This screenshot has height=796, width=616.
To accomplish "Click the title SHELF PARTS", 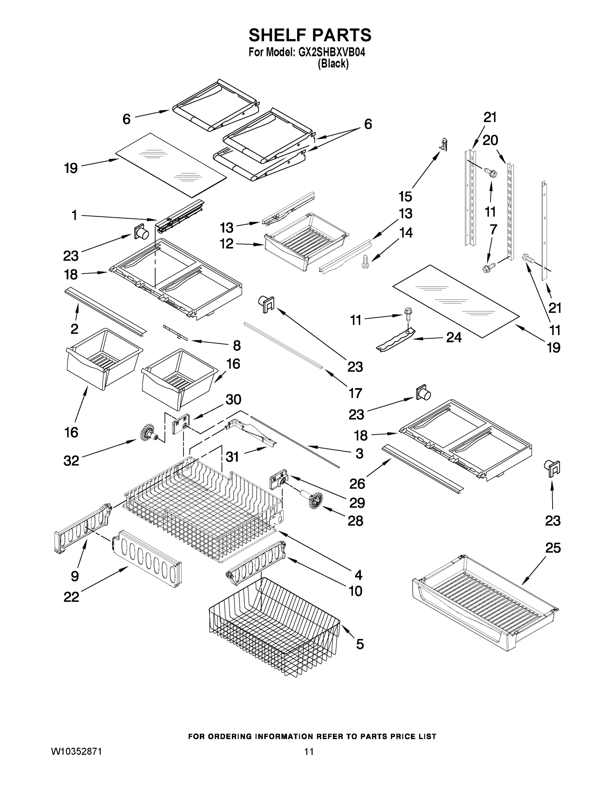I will [309, 35].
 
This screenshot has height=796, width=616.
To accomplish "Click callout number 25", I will [553, 548].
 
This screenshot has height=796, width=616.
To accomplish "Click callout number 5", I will [360, 644].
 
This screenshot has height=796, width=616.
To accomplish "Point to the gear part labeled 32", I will [148, 432].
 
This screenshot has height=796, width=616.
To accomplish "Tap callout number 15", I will [405, 196].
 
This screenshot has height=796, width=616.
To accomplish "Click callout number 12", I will [226, 243].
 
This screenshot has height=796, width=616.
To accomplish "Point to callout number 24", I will [454, 338].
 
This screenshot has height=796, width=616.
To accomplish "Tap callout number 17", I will [355, 393].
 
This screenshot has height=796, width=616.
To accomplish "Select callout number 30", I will [233, 399].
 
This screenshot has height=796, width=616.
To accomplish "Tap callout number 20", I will [490, 140].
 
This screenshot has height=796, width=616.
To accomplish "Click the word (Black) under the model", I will [333, 64].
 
